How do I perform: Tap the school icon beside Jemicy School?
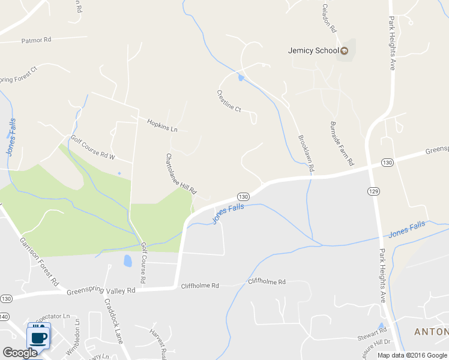coord(345,50)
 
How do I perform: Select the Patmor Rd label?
coord(37,40)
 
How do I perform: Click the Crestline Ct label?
coord(229,101)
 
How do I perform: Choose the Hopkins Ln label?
coord(163,125)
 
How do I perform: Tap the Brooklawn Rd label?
coord(306,154)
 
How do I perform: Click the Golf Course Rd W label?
coord(93,148)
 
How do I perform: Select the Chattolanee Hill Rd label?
coord(181,173)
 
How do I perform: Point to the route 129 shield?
coord(374,190)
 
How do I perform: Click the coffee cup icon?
coord(39,335)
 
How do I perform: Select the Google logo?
coord(20,353)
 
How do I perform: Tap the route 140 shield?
coord(4,316)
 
